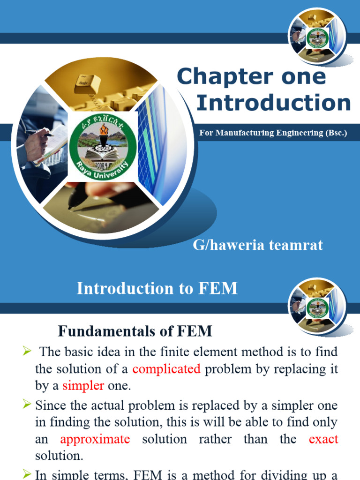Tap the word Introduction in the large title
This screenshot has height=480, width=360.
pyautogui.click(x=273, y=103)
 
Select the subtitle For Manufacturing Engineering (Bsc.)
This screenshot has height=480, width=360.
pyautogui.click(x=273, y=133)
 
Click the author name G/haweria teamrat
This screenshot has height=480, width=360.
pyautogui.click(x=258, y=245)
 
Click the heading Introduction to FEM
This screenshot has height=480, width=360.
pyautogui.click(x=157, y=289)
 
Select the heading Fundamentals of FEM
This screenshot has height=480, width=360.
pyautogui.click(x=135, y=331)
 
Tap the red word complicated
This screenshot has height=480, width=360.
pyautogui.click(x=166, y=369)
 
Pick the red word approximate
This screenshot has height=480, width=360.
pyautogui.click(x=95, y=439)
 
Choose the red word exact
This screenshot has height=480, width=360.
pyautogui.click(x=323, y=439)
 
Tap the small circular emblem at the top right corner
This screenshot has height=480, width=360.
pyautogui.click(x=317, y=37)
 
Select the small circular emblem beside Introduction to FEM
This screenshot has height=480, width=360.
pyautogui.click(x=317, y=306)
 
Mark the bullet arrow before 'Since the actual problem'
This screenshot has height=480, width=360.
pyautogui.click(x=26, y=403)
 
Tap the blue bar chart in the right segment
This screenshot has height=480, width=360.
pyautogui.click(x=159, y=145)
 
